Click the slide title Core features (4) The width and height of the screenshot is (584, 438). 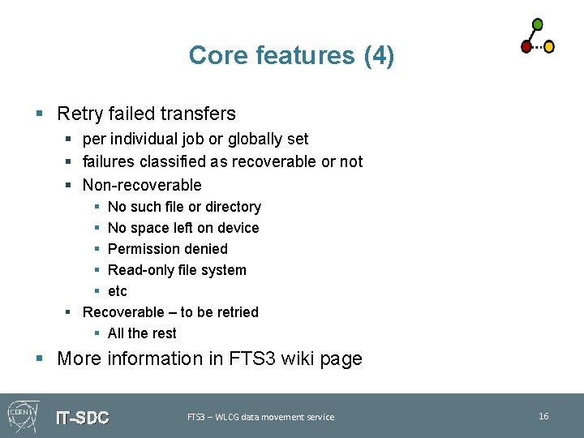pos(291,55)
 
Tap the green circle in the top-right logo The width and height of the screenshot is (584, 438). pos(537,24)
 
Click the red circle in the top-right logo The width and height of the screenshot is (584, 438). pos(526,47)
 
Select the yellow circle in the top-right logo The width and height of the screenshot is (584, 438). pos(548,47)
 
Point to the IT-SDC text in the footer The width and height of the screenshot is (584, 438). pos(82,418)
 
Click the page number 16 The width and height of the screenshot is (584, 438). pos(543,416)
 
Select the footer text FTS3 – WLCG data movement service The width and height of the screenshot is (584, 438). pos(260,417)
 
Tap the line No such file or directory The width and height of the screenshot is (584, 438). pos(184,207)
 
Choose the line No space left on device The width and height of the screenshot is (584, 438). pos(183,228)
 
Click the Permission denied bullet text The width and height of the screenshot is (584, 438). pos(167,249)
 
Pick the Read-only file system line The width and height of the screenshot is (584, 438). pos(177,270)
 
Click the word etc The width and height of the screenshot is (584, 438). pos(118,291)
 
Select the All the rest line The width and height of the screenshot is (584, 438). pos(142,333)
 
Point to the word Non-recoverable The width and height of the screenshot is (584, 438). pos(142,185)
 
